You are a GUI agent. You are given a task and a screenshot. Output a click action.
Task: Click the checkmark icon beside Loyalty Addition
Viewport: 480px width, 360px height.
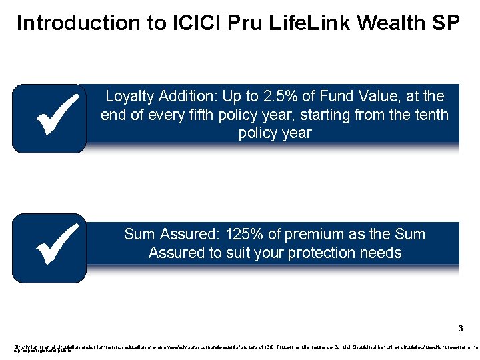click(49, 118)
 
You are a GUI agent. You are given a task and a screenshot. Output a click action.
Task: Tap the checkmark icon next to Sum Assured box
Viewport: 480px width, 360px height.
click(49, 248)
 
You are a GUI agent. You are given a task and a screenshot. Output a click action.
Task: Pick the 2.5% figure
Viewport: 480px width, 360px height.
click(293, 97)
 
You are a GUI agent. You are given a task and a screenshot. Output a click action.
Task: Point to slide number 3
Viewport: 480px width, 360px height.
click(460, 329)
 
